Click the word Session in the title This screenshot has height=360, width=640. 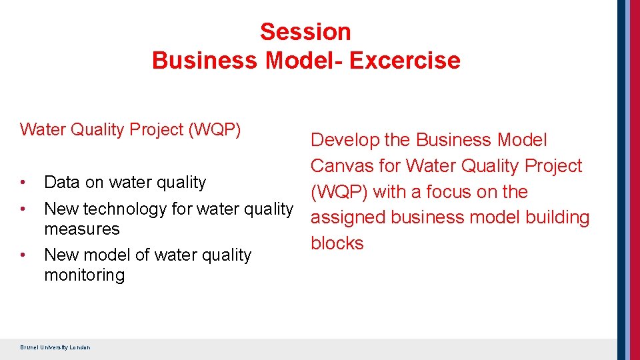click(305, 31)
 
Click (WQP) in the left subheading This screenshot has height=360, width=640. click(215, 129)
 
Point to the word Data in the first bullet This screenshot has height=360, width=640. click(59, 182)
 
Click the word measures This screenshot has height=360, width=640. click(81, 229)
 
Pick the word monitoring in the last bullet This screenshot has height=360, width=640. click(84, 275)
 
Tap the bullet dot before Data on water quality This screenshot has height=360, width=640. click(23, 182)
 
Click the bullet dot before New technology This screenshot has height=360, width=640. click(23, 209)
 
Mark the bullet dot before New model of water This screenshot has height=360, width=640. click(23, 255)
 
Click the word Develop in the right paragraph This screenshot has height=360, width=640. click(345, 140)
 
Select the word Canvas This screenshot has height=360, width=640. click(343, 165)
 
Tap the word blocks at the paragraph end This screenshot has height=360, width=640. click(337, 243)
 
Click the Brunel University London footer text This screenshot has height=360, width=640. click(55, 347)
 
